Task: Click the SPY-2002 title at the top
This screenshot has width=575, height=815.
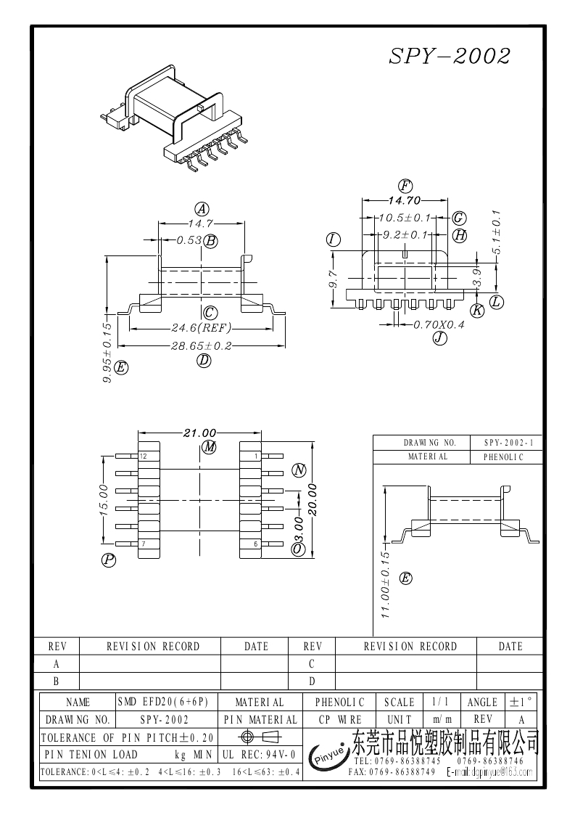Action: point(450,56)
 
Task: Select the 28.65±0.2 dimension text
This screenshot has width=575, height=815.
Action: point(201,346)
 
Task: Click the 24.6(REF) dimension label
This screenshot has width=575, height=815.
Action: point(201,327)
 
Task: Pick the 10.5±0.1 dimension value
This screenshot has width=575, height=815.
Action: point(405,218)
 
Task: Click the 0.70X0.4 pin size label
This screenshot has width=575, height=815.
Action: point(439,324)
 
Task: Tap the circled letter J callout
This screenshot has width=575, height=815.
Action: point(439,337)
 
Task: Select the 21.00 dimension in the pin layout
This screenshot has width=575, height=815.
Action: point(200,433)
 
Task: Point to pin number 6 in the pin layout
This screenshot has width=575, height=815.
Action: point(256,544)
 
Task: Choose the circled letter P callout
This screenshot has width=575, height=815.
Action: point(109,560)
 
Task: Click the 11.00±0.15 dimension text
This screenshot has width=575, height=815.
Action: point(386,584)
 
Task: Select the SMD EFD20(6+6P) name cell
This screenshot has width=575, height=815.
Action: point(162,702)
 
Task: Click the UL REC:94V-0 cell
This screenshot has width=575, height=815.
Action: point(260,755)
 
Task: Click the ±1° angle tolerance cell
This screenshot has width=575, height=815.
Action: point(521,702)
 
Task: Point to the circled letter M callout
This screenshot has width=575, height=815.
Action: point(210,447)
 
